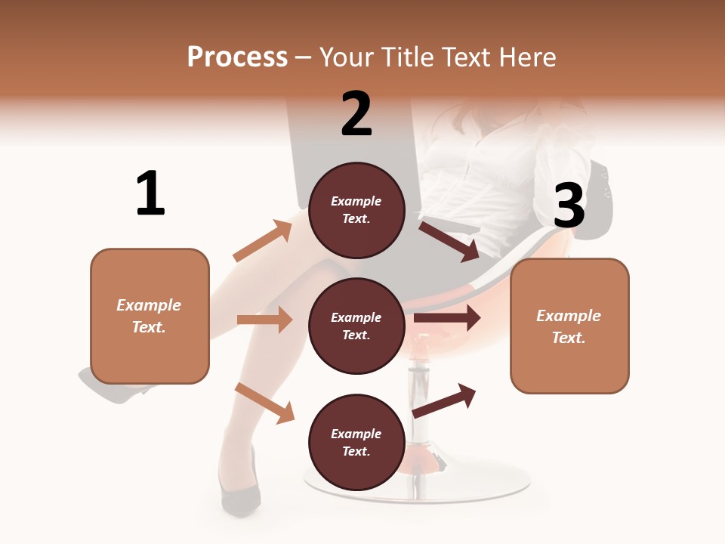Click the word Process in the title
pos(237,57)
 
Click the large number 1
pos(150,193)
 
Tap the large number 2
pos(356,113)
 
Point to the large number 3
pos(569,206)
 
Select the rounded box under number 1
pos(150,316)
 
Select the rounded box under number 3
pos(569,326)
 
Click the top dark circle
pos(356,210)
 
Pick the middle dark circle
pos(356,326)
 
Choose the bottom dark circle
pos(356,442)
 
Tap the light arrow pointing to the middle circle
pos(264,320)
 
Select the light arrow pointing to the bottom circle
pos(264,403)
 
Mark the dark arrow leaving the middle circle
pos(447,318)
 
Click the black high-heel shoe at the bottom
pos(240,491)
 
